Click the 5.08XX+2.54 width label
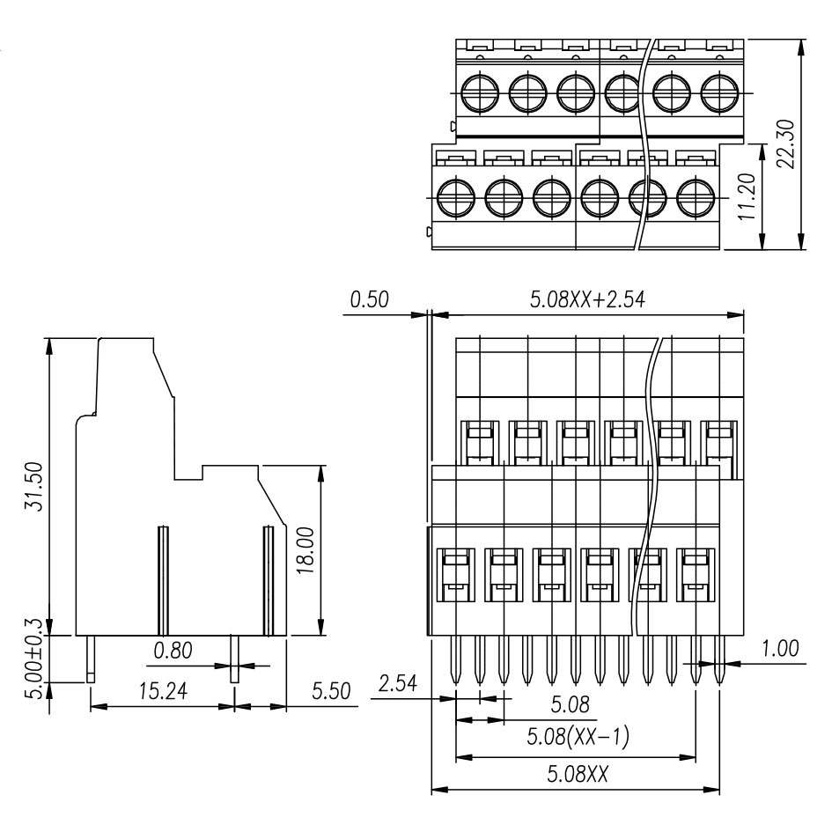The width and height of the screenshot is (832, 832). click(x=587, y=300)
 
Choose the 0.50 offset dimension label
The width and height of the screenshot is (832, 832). click(x=370, y=300)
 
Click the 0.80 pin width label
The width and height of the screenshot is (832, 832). click(x=173, y=652)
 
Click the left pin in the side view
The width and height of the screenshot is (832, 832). click(x=91, y=660)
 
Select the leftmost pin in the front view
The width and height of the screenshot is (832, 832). click(x=456, y=660)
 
